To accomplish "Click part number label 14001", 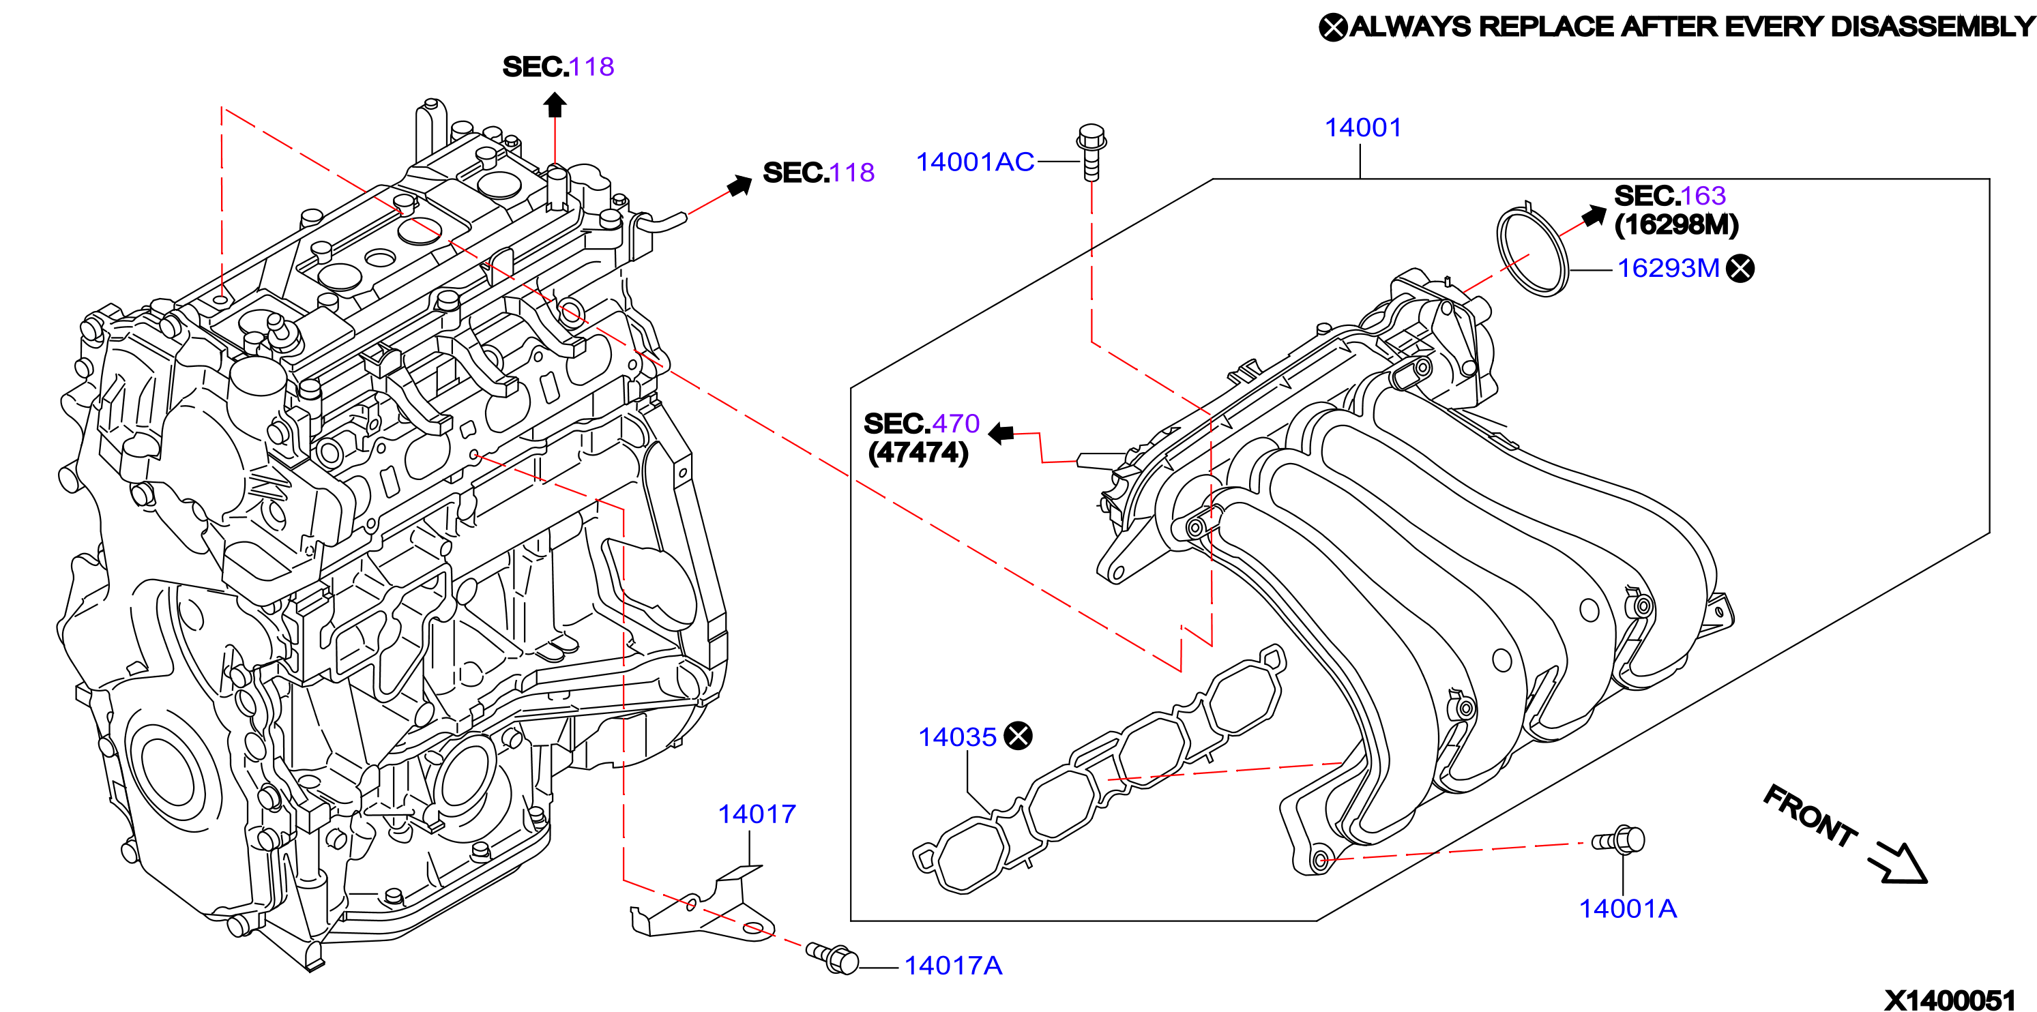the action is pyautogui.click(x=1362, y=128).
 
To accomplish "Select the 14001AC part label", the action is pyautogui.click(x=975, y=162).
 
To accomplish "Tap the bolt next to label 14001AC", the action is pyautogui.click(x=1091, y=152).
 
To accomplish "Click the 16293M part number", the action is pyautogui.click(x=1669, y=268).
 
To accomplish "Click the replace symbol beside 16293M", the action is pyautogui.click(x=1740, y=269).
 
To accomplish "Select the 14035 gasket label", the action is pyautogui.click(x=957, y=737).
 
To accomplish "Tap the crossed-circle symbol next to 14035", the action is pyautogui.click(x=1018, y=736).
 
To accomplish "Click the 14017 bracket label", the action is pyautogui.click(x=757, y=814).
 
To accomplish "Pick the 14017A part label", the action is pyautogui.click(x=953, y=966).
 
